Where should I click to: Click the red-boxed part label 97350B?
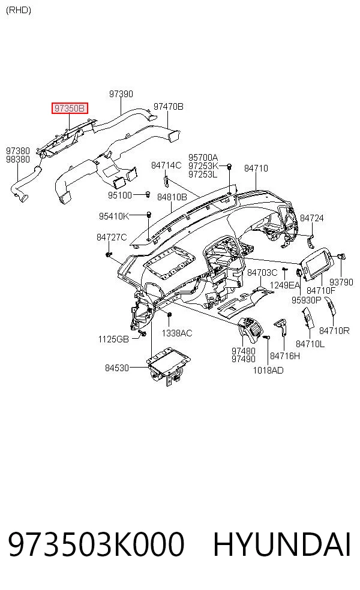coord(70,109)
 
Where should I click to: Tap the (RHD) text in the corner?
coord(19,10)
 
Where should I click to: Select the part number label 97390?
coord(121,94)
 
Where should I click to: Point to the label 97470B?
coord(169,107)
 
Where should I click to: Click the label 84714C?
coord(166,165)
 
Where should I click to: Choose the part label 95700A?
coord(203,157)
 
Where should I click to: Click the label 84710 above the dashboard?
coord(256,168)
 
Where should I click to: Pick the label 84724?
coord(312,218)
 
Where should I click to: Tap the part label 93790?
coord(341,282)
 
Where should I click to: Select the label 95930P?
coord(306,300)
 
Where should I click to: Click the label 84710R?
coord(334,331)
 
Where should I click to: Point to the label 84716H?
coord(285,356)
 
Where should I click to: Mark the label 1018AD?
coord(268,371)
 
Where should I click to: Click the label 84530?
coord(117,368)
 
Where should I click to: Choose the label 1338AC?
coord(177,333)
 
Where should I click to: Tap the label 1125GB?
coord(113,339)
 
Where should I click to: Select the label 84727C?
coord(112,237)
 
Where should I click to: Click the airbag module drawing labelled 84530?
coord(167,366)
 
